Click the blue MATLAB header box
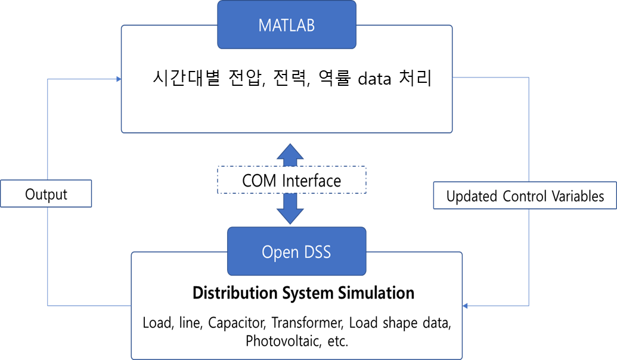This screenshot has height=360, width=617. coord(287,25)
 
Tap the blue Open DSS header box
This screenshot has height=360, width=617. coord(297,252)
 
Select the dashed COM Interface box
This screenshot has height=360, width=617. coord(292,180)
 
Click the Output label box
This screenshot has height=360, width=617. coord(46,194)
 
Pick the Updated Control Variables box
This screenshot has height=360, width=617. coord(525,195)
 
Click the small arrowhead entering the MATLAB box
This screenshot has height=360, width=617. coord(119,79)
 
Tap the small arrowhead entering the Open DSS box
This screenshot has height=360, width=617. coord(465,306)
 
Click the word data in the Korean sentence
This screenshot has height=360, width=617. coord(374,79)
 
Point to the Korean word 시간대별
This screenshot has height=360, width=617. coord(186,77)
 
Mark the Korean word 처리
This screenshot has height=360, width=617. coord(416,77)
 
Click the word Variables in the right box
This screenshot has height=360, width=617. coord(578,196)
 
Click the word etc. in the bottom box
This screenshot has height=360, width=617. coord(338,341)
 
